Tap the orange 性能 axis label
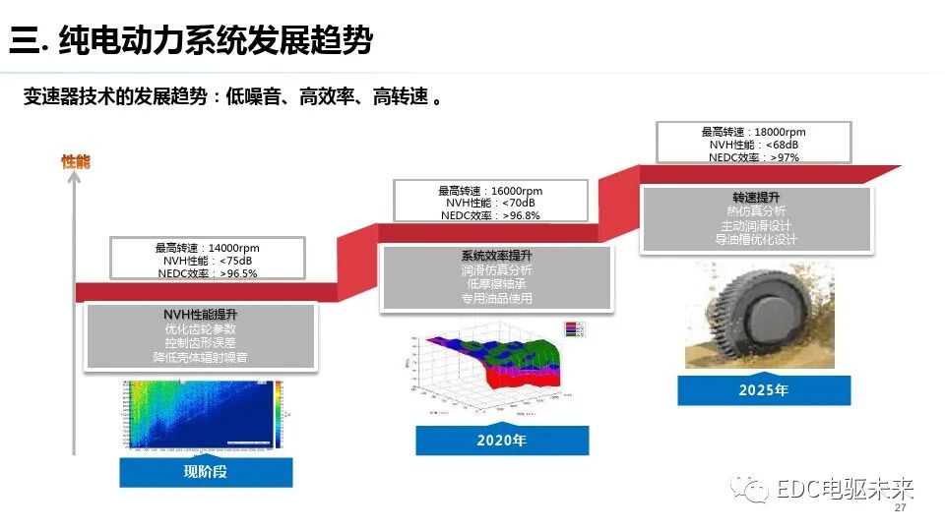(75, 161)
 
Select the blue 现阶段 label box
(206, 471)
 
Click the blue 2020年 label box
(502, 440)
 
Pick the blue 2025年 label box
(764, 389)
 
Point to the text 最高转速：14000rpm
(207, 248)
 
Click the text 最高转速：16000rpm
(490, 191)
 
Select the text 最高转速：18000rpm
(753, 132)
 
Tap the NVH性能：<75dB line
(207, 261)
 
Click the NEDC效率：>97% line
(753, 157)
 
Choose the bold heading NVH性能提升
(200, 314)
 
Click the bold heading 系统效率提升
(496, 256)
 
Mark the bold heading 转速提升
(755, 197)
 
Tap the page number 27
(899, 508)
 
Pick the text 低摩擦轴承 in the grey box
(496, 283)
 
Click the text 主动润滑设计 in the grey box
(755, 224)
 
